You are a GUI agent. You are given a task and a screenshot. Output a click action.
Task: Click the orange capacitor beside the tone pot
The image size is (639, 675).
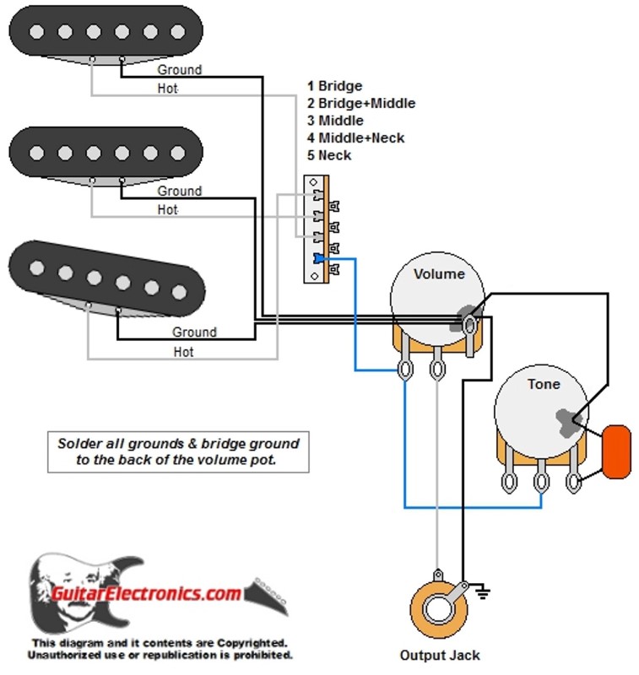[x=617, y=451]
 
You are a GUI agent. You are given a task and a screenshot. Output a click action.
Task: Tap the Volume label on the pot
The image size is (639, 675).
[x=439, y=273]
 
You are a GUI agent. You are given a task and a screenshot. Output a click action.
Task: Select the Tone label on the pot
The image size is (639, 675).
[x=544, y=384]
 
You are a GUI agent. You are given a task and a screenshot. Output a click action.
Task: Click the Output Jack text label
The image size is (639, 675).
[x=440, y=656]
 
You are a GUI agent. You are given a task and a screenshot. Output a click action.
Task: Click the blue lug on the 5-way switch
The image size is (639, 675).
[x=319, y=258]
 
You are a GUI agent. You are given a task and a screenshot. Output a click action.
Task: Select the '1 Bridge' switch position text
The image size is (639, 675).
[x=334, y=86]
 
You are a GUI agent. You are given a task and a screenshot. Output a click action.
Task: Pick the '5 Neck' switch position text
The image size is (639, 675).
[x=329, y=155]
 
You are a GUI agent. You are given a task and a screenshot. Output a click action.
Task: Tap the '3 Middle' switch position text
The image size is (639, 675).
[x=335, y=121]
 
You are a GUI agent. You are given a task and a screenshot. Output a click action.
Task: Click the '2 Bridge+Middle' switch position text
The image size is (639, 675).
[x=360, y=103]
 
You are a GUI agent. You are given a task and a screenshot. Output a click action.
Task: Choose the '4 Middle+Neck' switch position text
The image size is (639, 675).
[x=355, y=138]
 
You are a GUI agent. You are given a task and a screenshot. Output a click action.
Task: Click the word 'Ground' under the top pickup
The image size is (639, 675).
[x=179, y=69]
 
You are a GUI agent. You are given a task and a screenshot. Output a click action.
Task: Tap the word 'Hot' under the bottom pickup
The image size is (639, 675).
[x=183, y=352]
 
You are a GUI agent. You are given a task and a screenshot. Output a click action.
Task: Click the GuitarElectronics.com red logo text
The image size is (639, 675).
[x=145, y=594]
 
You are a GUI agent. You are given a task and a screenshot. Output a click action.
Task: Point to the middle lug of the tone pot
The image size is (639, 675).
[x=541, y=479]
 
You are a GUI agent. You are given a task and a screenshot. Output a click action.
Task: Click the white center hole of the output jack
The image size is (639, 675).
[x=438, y=609]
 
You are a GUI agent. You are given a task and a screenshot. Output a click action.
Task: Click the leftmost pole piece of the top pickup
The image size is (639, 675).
[x=36, y=31]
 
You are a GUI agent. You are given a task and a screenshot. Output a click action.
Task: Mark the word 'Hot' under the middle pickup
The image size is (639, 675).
[x=167, y=209]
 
